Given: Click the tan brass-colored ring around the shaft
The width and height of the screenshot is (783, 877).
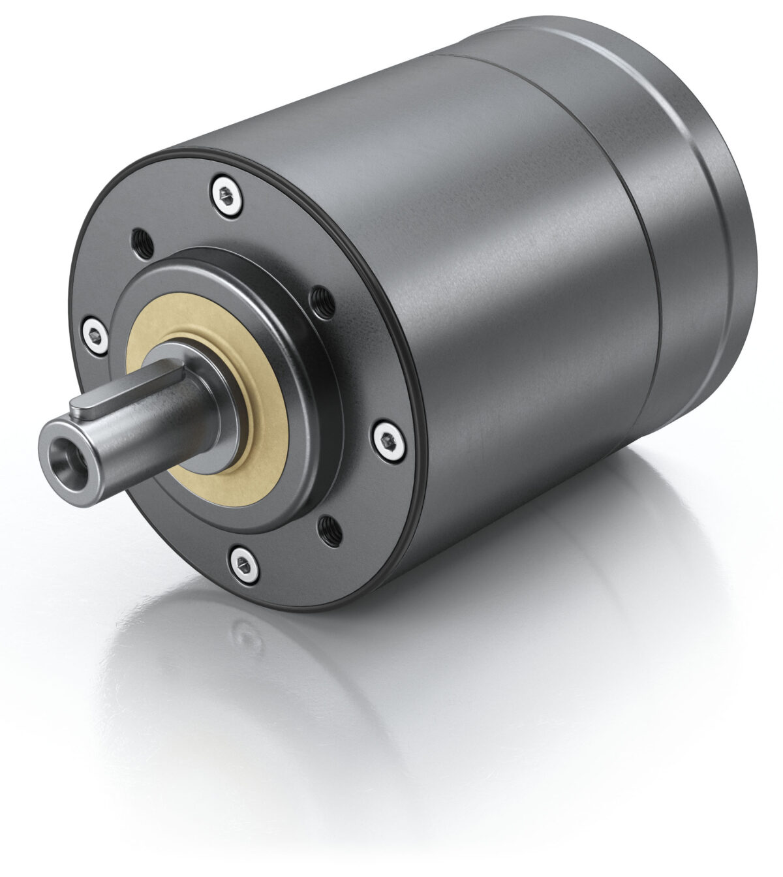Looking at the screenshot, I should tap(261, 457).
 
